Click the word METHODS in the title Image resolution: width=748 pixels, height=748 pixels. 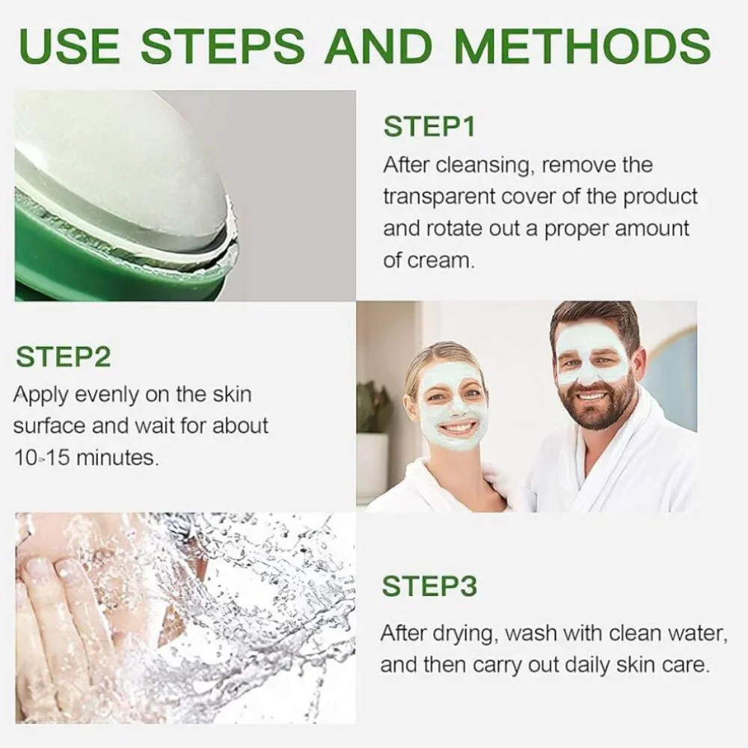(x=583, y=46)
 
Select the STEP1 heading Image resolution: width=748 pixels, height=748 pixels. (x=429, y=127)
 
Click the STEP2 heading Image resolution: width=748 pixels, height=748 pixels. (x=63, y=357)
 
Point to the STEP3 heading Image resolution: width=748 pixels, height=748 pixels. (x=429, y=586)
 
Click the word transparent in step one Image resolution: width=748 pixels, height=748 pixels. (x=439, y=197)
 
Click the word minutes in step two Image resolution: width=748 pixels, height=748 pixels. (x=117, y=458)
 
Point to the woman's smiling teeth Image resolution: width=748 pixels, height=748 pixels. (x=457, y=427)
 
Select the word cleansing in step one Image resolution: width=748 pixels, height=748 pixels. (x=483, y=165)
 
